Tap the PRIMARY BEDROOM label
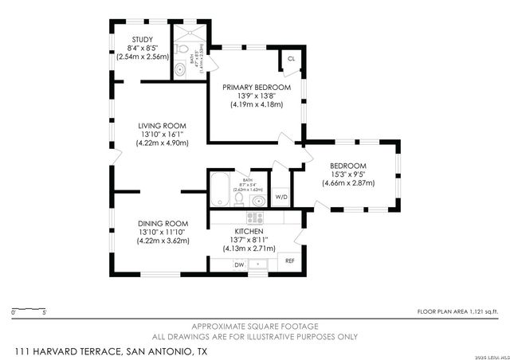pos(257,87)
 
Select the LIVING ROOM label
pos(162,126)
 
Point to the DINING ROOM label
pos(162,222)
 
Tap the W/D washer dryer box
pos(281,197)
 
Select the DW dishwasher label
pos(238,264)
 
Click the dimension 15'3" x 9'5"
pos(347,175)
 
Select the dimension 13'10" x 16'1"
pos(162,135)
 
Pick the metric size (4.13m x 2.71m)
pos(248,247)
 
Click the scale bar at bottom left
pos(29,310)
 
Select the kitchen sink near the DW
pos(258,264)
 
